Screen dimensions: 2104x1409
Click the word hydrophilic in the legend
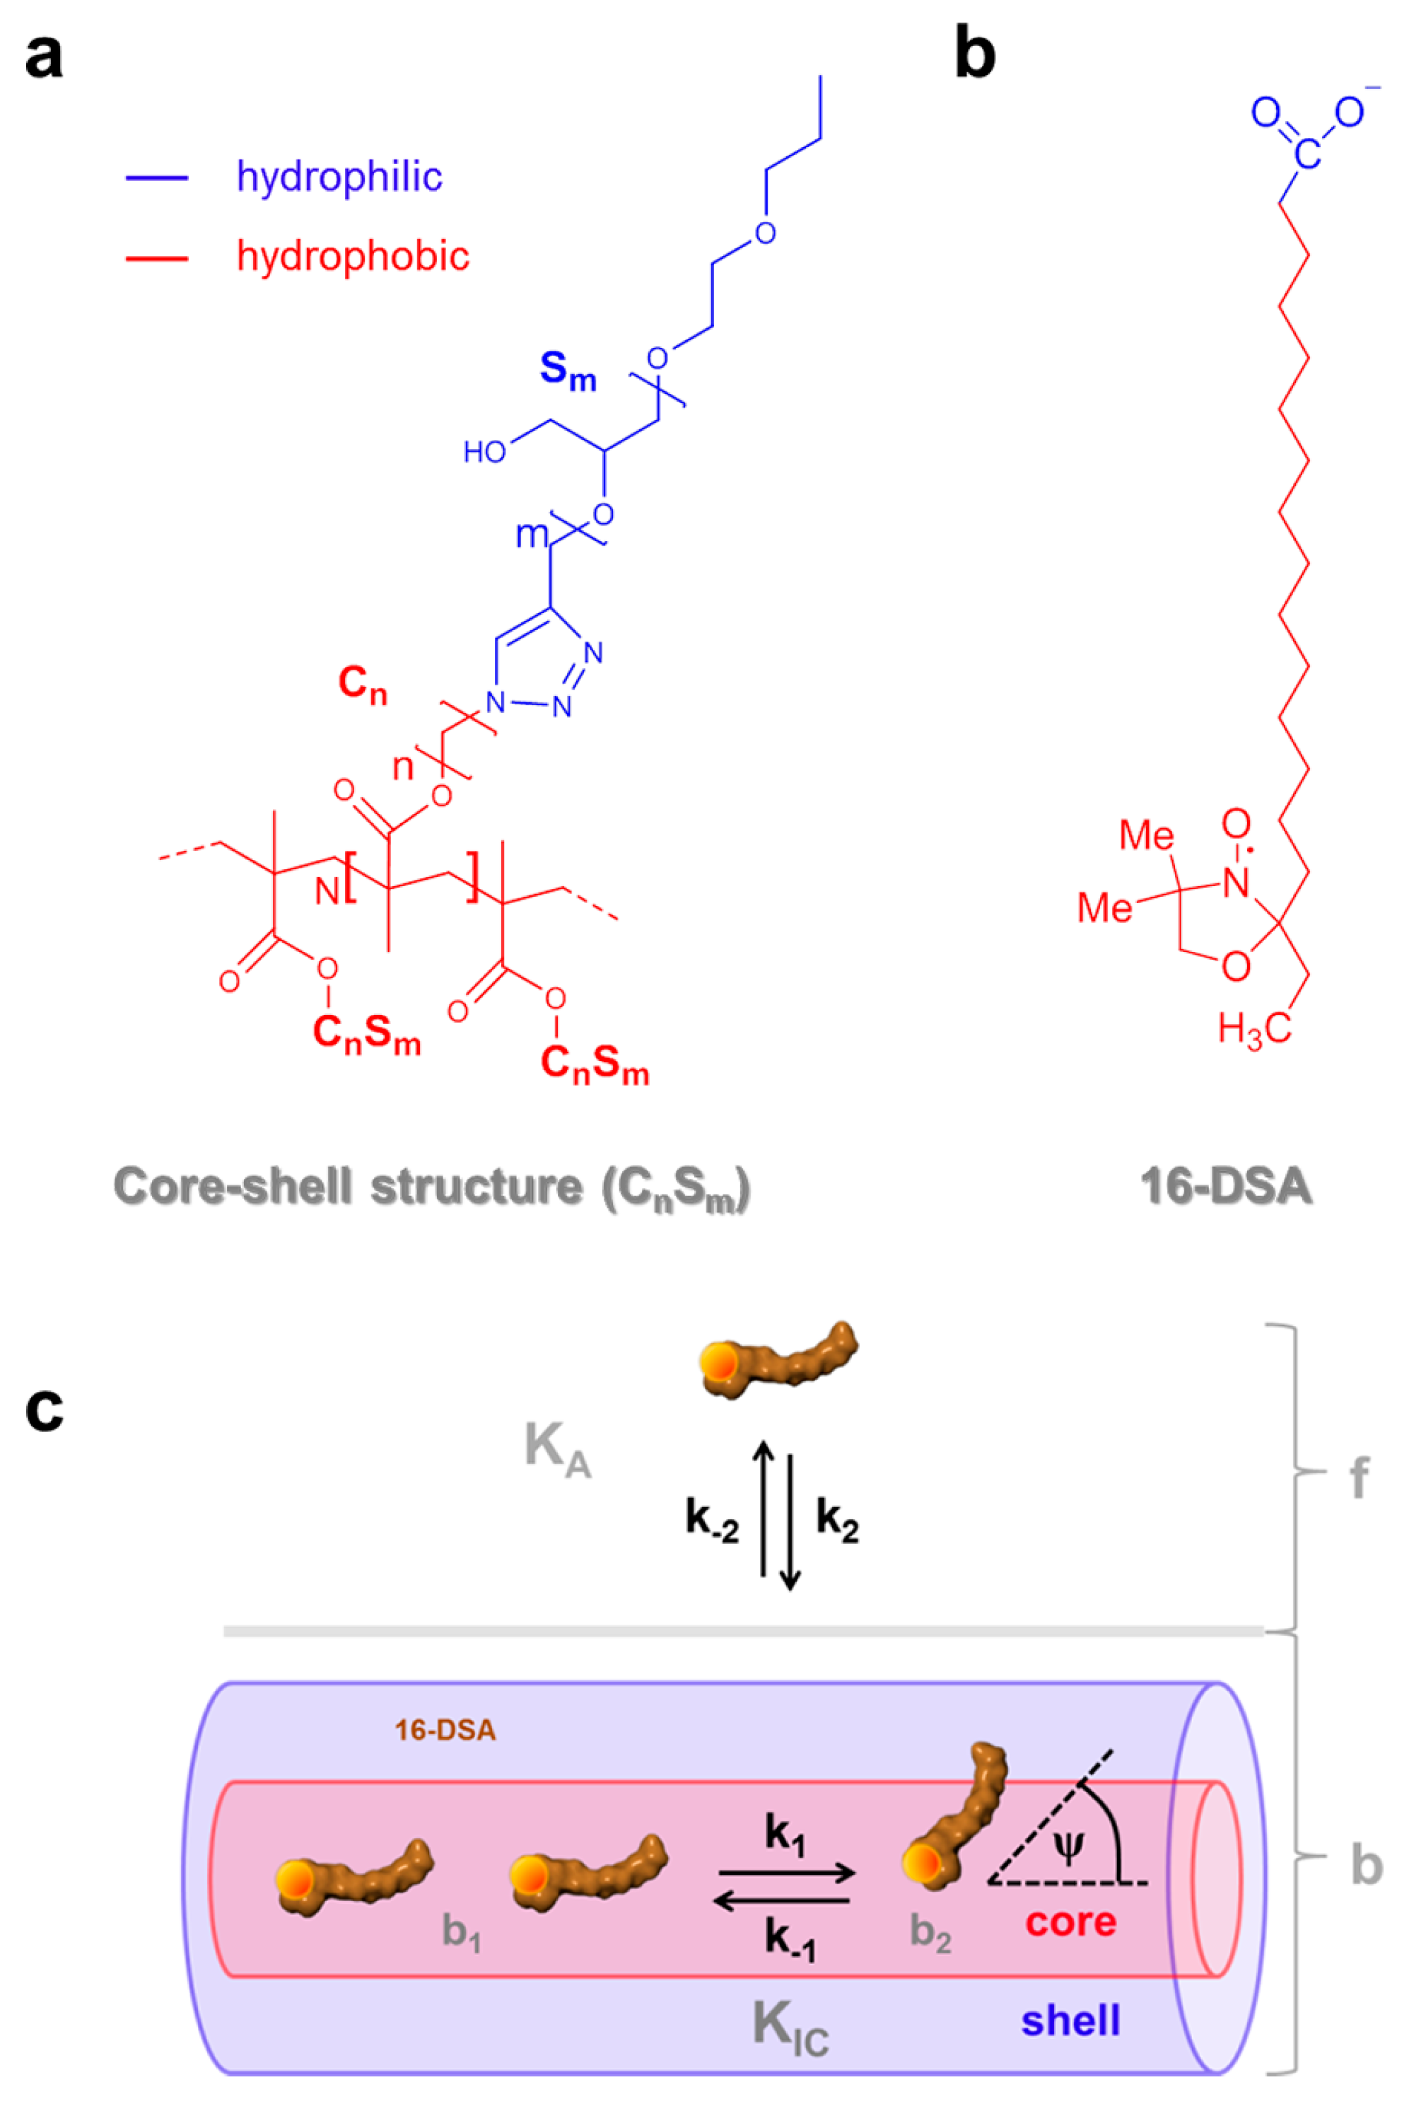click(339, 177)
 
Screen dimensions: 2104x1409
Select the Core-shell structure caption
click(431, 1187)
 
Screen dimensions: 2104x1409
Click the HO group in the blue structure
click(484, 451)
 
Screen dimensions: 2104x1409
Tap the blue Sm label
click(567, 371)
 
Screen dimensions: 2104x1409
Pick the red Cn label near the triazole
click(362, 685)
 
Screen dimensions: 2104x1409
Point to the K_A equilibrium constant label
click(557, 1449)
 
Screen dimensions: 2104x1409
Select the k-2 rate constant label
click(712, 1519)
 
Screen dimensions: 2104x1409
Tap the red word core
click(1070, 1922)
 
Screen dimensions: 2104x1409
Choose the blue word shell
click(1070, 2021)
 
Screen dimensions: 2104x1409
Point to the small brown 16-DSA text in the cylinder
click(445, 1730)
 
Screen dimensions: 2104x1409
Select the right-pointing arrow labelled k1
click(787, 1874)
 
